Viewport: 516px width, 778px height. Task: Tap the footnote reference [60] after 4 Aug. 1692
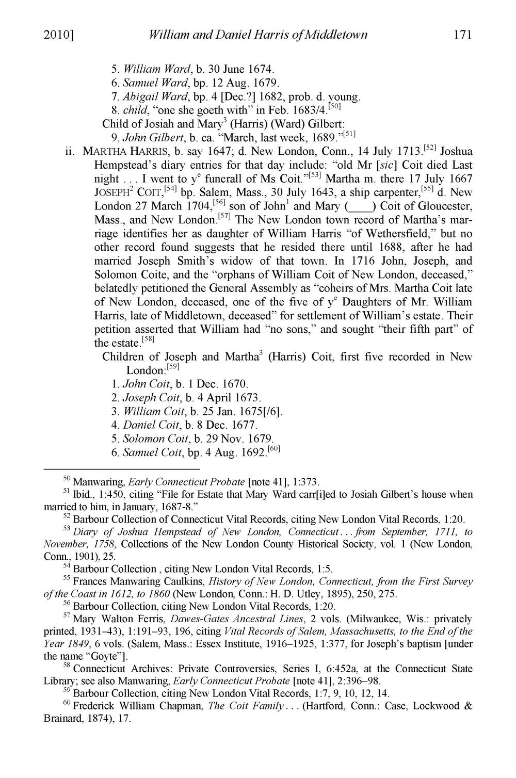(x=274, y=449)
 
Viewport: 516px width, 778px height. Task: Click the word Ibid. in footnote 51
(x=85, y=495)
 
